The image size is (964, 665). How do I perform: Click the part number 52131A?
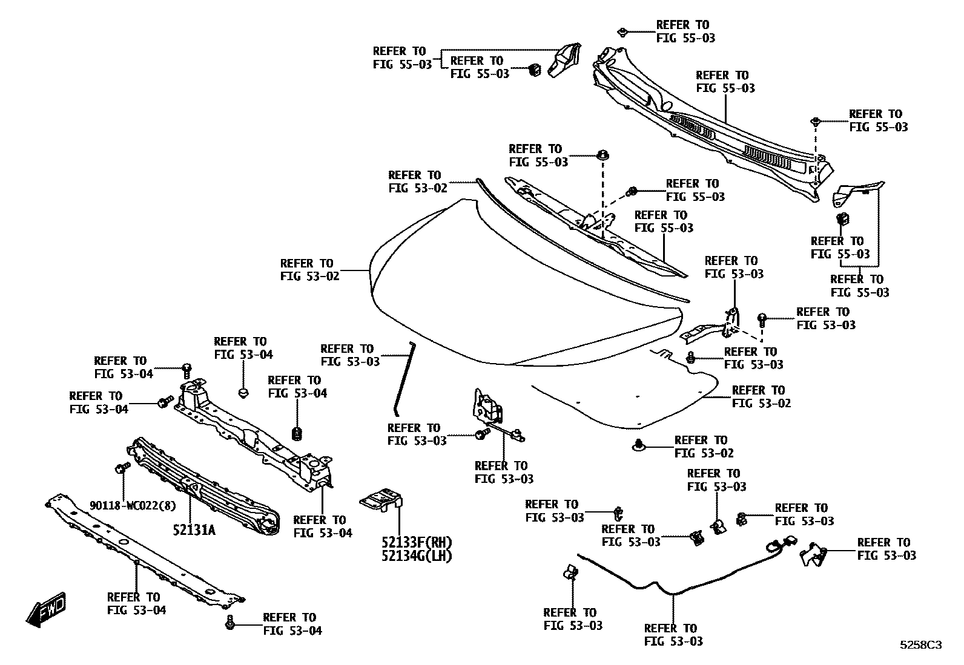pos(194,531)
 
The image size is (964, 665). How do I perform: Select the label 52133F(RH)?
pos(417,542)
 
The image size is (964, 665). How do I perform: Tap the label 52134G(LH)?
pos(417,555)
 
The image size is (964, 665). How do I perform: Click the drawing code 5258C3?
pos(920,645)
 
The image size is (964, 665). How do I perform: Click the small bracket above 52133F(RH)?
pos(381,500)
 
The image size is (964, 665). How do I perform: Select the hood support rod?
pos(403,378)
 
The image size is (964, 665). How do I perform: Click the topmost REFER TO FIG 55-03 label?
pos(685,31)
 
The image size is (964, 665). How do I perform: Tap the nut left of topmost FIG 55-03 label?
pos(622,31)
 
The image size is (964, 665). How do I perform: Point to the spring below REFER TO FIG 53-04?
pos(297,433)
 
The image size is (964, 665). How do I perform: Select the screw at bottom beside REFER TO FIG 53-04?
pos(229,622)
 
